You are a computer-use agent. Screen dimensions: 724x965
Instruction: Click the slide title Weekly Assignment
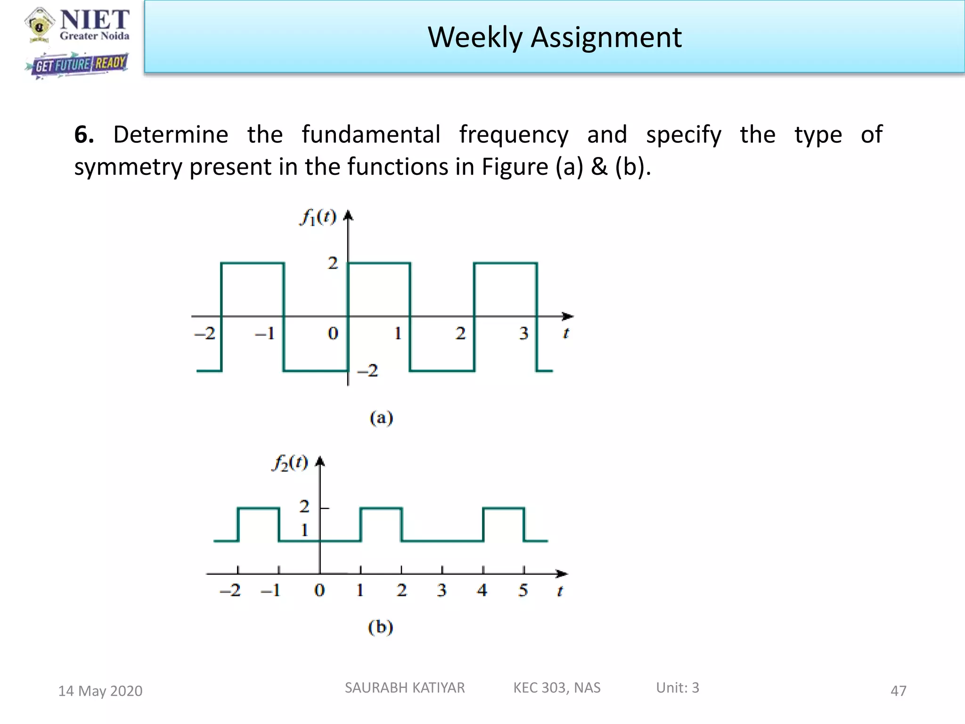554,37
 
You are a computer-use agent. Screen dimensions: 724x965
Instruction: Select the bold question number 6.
84,135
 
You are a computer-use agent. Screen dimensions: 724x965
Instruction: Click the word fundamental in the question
371,135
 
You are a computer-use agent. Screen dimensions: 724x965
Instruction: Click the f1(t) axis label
319,217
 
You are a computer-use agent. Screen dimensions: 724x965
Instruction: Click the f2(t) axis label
290,463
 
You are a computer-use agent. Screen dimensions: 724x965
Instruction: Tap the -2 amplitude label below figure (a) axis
368,370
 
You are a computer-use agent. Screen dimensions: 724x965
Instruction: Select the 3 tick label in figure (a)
523,334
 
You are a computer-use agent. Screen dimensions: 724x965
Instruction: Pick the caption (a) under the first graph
381,418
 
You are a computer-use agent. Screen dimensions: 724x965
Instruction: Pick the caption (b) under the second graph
380,627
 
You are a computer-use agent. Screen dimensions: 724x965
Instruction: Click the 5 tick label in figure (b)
523,590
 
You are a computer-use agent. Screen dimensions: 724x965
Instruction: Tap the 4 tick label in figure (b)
482,590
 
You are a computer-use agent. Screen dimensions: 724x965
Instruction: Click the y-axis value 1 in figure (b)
304,530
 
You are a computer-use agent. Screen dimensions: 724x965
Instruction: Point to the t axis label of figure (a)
566,334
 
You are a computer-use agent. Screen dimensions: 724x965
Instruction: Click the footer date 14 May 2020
100,691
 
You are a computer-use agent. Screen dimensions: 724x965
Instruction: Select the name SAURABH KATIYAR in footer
404,688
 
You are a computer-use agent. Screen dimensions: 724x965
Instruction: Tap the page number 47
898,691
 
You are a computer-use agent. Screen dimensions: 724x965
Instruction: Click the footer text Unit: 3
677,688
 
